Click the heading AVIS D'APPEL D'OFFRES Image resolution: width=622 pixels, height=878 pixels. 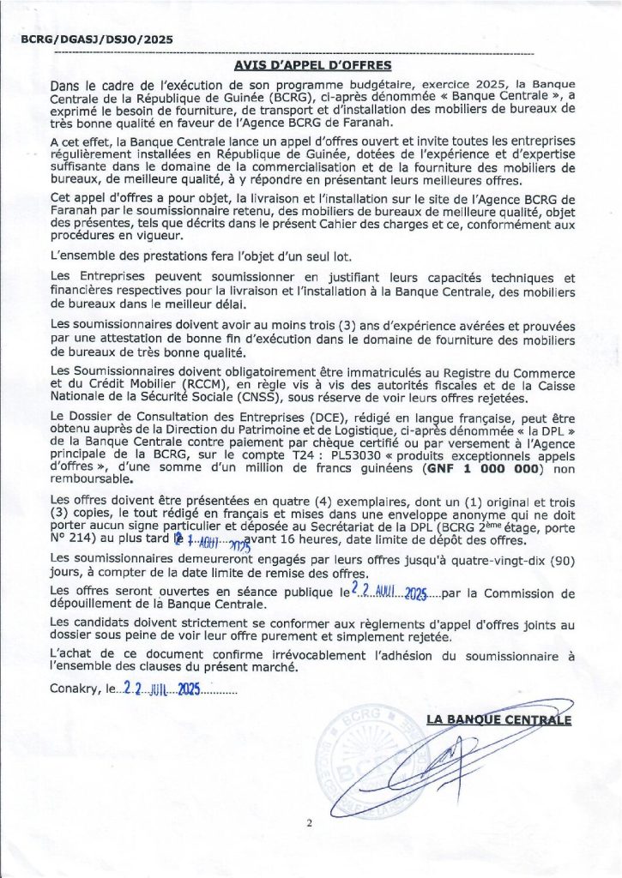pyautogui.click(x=312, y=65)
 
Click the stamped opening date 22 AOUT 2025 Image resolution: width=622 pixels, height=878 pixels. pyautogui.click(x=389, y=592)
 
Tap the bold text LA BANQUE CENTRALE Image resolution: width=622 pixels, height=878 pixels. pyautogui.click(x=498, y=719)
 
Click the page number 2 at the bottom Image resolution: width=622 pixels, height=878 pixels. pyautogui.click(x=310, y=822)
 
